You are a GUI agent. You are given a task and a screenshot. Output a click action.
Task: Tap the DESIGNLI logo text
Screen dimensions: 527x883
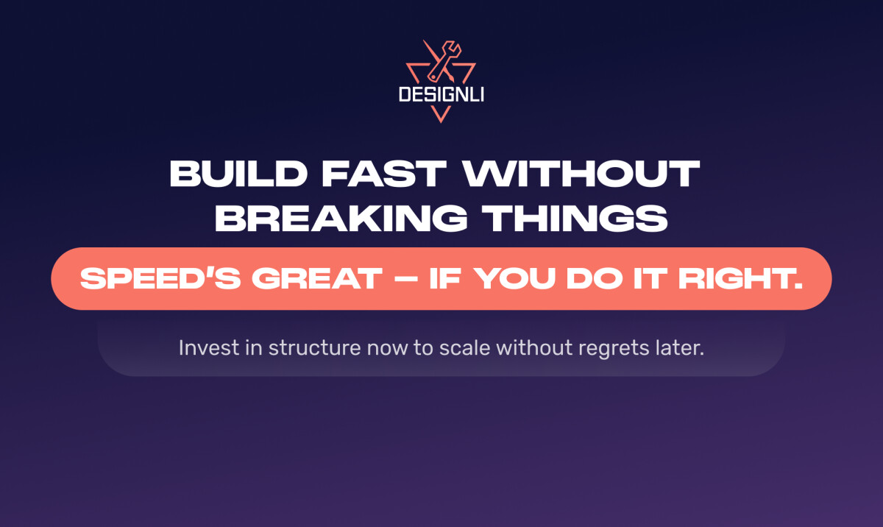(441, 95)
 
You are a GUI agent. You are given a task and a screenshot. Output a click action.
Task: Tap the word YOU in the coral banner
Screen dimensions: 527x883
(517, 280)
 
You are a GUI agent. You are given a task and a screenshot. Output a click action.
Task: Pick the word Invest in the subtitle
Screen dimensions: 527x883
(202, 347)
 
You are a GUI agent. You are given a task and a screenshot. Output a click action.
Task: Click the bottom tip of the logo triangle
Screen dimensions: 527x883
(441, 119)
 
